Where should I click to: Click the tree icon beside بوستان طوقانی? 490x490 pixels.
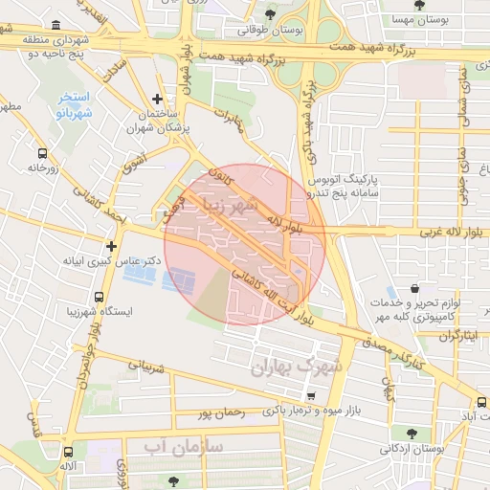[x=272, y=14]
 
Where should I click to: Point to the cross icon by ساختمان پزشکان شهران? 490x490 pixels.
[x=157, y=99]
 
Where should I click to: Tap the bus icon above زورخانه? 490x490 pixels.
[x=42, y=152]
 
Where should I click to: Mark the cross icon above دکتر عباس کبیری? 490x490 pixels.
[x=111, y=246]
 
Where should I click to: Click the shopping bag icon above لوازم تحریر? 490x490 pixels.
[x=413, y=288]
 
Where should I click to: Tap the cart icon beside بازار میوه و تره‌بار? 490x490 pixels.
[x=310, y=395]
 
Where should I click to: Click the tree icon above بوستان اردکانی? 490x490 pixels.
[x=411, y=433]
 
